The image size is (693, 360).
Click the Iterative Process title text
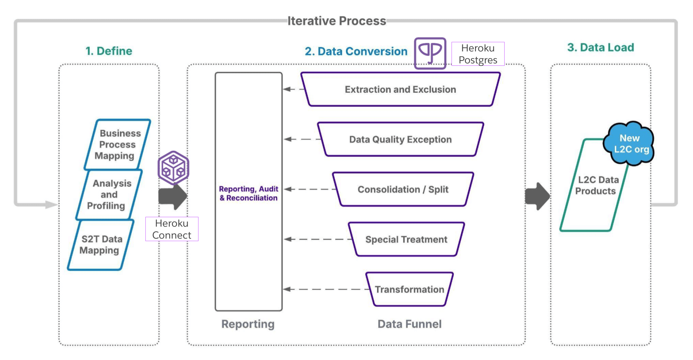click(x=336, y=21)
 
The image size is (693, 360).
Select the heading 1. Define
click(x=109, y=51)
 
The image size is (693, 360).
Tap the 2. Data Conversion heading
click(x=356, y=51)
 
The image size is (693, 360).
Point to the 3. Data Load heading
click(x=600, y=47)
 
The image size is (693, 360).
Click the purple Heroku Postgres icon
click(x=430, y=53)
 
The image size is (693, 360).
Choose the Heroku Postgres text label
click(x=478, y=54)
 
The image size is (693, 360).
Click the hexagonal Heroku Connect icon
click(x=173, y=168)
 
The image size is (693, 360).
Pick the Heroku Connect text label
click(x=172, y=229)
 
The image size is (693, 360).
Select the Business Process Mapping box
click(x=117, y=144)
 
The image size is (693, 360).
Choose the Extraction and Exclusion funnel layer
click(x=400, y=89)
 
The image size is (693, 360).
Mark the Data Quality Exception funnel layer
click(x=400, y=139)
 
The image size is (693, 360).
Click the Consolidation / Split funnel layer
click(x=403, y=190)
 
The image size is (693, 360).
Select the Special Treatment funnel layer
click(x=406, y=239)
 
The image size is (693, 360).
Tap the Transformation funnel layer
click(x=409, y=289)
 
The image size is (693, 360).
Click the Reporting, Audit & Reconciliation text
click(x=249, y=193)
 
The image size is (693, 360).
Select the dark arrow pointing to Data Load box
click(x=537, y=196)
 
